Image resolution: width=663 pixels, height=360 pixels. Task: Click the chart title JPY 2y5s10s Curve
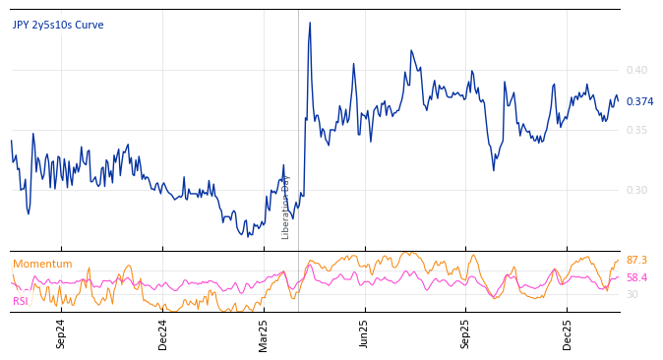pyautogui.click(x=58, y=26)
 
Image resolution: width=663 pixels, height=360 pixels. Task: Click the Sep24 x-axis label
pyautogui.click(x=61, y=333)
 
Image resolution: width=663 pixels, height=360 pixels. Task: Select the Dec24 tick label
pyautogui.click(x=163, y=333)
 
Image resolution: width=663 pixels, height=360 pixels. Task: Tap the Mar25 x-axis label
pyautogui.click(x=264, y=333)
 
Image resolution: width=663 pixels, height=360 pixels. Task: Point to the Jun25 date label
pyautogui.click(x=365, y=333)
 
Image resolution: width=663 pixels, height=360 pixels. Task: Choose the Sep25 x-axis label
pyautogui.click(x=466, y=333)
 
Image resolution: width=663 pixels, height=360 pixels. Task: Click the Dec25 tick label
pyautogui.click(x=568, y=333)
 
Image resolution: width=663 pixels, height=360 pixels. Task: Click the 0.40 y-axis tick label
pyautogui.click(x=636, y=70)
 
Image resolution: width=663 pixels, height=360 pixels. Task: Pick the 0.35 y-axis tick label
pyautogui.click(x=636, y=130)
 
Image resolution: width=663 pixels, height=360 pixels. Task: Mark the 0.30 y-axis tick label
pyautogui.click(x=636, y=190)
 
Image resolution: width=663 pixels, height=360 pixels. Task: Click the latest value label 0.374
pyautogui.click(x=639, y=101)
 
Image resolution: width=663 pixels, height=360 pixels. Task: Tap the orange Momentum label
pyautogui.click(x=42, y=264)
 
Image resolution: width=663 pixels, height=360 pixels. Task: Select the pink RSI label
pyautogui.click(x=21, y=301)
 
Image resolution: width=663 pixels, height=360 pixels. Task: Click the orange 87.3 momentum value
pyautogui.click(x=636, y=260)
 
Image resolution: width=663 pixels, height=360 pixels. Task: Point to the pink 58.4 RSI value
pyautogui.click(x=636, y=277)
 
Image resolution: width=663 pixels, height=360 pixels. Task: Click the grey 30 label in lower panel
pyautogui.click(x=633, y=294)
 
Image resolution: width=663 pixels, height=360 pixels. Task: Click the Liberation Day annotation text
pyautogui.click(x=286, y=207)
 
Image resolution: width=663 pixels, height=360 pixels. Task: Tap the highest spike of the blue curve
pyautogui.click(x=310, y=23)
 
